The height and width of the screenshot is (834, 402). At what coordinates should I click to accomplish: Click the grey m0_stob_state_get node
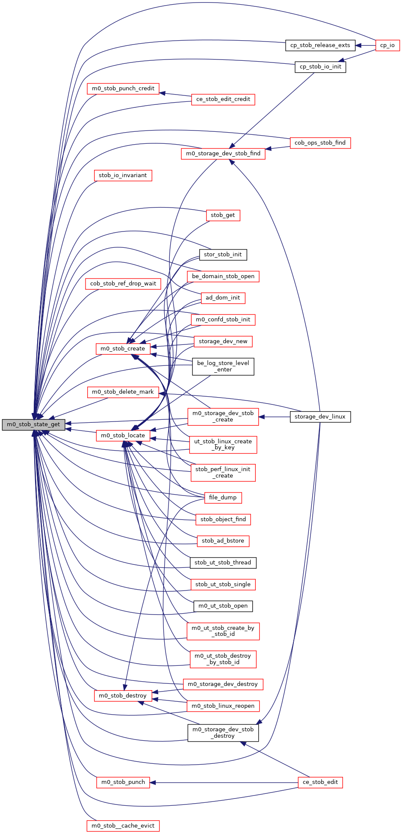tap(33, 424)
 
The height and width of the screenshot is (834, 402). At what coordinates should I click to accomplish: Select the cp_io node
tap(387, 45)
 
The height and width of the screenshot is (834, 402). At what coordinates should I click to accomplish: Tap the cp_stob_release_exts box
tap(320, 45)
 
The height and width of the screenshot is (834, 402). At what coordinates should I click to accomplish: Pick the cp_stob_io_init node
tap(320, 67)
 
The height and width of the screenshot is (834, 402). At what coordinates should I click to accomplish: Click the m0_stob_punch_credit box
tap(123, 89)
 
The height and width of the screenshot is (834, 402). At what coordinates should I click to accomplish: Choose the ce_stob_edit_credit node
tap(223, 99)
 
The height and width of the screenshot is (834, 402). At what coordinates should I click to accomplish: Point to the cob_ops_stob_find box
tap(320, 143)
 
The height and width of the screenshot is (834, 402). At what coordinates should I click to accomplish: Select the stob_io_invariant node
tap(123, 175)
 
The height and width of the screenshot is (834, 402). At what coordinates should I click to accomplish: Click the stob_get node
tap(223, 215)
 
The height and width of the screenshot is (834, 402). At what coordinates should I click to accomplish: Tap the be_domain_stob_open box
tap(223, 276)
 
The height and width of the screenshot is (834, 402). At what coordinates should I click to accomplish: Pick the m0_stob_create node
tap(123, 349)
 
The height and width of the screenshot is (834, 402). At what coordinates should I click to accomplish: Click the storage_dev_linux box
tap(320, 417)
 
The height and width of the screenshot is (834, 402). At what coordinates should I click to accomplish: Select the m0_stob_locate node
tap(123, 436)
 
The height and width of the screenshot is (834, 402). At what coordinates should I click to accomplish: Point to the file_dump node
tap(223, 498)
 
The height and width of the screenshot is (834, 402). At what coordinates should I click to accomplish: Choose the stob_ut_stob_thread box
tap(223, 563)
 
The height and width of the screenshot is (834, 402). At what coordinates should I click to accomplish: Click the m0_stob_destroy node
tap(123, 696)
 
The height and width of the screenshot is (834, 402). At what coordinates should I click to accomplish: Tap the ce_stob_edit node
tap(320, 782)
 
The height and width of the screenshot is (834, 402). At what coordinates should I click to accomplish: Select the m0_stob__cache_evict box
tap(123, 826)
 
